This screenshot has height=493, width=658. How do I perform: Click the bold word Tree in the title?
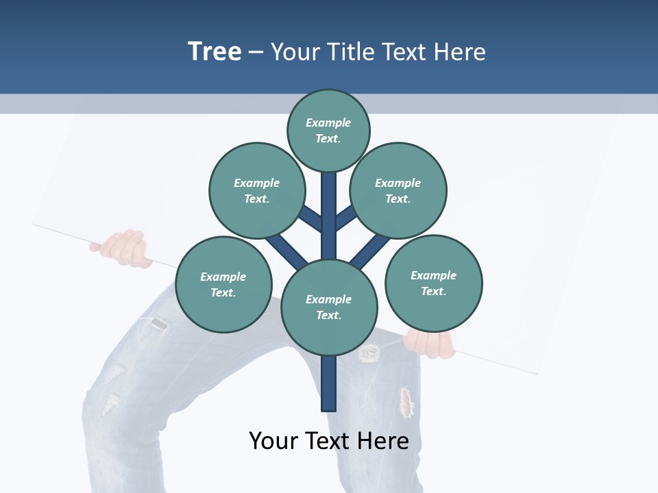coord(215,52)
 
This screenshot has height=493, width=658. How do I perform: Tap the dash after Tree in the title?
coord(256,53)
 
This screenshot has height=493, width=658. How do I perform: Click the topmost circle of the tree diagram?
coord(328,131)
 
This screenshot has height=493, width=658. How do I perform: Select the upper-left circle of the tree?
coord(256,190)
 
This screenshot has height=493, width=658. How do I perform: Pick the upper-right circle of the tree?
coord(398,190)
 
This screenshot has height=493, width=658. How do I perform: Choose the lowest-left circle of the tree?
coord(223,284)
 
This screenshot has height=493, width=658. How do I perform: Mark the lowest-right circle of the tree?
coord(433,283)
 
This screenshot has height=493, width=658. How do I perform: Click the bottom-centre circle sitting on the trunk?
coord(329,307)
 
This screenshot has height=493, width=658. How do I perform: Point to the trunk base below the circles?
coord(329,383)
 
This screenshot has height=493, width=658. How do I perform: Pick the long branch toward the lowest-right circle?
coord(371,252)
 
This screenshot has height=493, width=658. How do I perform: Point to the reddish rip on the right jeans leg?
coord(406,402)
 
